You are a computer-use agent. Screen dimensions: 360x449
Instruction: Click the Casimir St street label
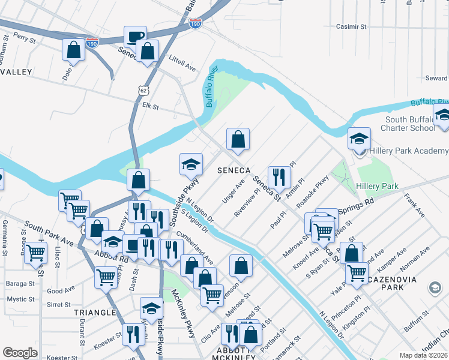tap(351, 27)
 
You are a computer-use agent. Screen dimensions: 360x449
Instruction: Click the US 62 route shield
tap(142, 90)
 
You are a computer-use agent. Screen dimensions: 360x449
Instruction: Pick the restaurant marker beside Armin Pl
tap(279, 176)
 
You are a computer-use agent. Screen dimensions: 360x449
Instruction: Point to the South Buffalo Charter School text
tap(411, 124)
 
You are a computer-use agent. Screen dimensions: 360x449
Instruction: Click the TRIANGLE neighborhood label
tap(94, 313)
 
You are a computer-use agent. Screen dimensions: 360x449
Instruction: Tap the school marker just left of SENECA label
tap(191, 164)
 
